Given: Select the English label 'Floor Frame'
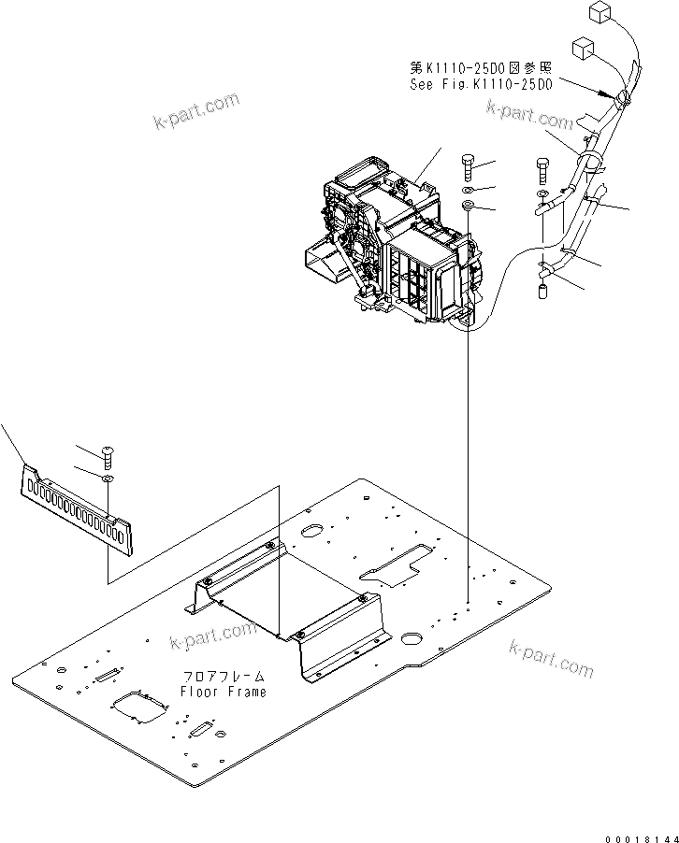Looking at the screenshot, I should pos(224,692).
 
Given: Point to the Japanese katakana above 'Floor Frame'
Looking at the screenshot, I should pos(224,677).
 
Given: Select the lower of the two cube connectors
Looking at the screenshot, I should pos(582,49).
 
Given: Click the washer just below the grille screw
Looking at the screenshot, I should pos(108,479).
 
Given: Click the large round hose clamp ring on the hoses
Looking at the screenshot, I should pos(591,165).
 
